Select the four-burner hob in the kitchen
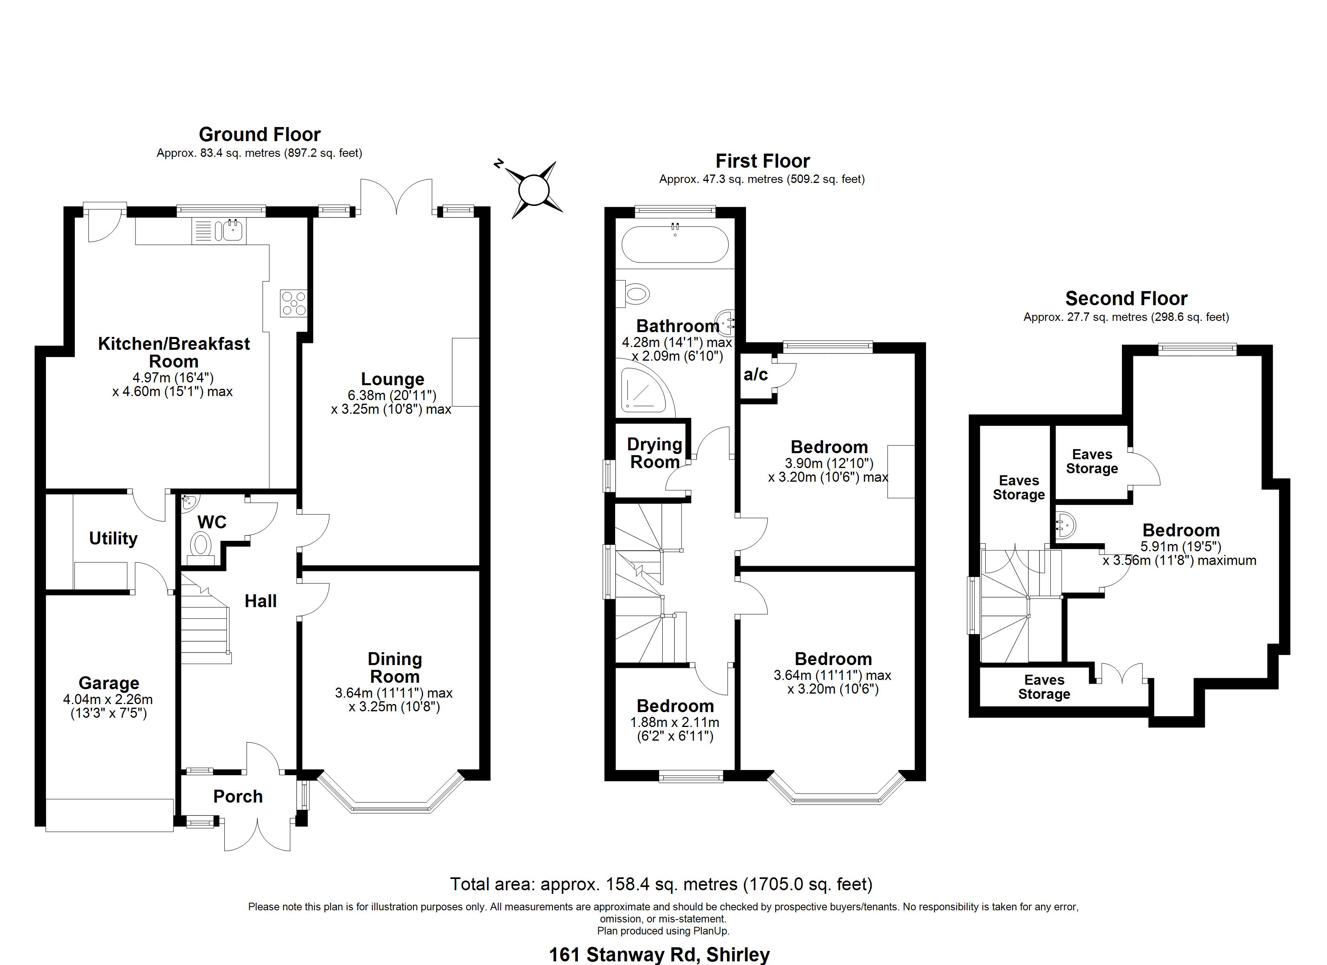click(293, 303)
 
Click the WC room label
click(212, 522)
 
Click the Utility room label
click(113, 538)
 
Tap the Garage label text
click(109, 683)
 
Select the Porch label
click(238, 797)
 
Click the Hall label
click(260, 601)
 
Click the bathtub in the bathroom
click(675, 244)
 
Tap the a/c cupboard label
click(755, 374)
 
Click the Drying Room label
click(655, 453)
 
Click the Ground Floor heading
click(260, 135)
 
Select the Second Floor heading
click(1126, 298)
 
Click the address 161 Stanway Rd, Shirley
click(659, 955)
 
